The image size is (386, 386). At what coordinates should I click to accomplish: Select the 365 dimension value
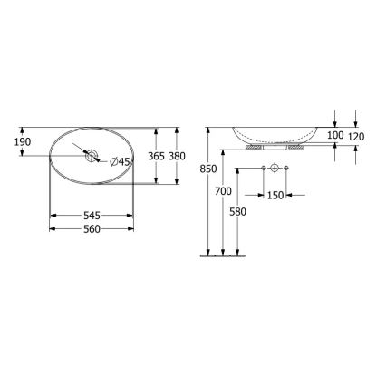tap(155, 156)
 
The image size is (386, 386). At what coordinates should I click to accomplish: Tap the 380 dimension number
tap(178, 156)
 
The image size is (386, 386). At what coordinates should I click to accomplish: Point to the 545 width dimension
tap(91, 216)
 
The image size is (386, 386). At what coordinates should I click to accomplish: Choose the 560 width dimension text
tap(91, 230)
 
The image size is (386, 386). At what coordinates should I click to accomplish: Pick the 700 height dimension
tap(224, 191)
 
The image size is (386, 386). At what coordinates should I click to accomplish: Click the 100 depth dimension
tap(335, 135)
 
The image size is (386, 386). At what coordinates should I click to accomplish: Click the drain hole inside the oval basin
tap(91, 157)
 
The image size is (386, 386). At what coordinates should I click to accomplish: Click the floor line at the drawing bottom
tap(222, 256)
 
